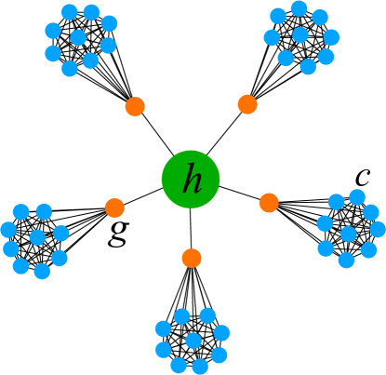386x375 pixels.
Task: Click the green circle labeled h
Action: (x=192, y=179)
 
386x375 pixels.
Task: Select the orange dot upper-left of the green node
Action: (x=135, y=106)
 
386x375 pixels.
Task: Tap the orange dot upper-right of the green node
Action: (x=247, y=104)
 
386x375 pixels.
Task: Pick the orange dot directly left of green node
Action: (x=114, y=208)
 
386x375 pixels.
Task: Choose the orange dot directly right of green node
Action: (x=269, y=202)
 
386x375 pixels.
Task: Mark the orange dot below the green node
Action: (x=192, y=257)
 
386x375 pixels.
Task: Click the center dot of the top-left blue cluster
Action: (x=79, y=38)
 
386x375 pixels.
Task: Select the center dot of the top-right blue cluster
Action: (x=299, y=35)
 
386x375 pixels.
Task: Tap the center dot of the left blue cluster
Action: (x=37, y=237)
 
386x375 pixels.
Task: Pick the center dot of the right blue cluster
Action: (x=348, y=234)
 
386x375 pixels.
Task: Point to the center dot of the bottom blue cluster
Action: (x=193, y=341)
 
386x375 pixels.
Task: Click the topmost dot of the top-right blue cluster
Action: (x=299, y=8)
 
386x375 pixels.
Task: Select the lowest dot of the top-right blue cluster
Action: (x=308, y=67)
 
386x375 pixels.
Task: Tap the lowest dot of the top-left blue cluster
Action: (x=70, y=68)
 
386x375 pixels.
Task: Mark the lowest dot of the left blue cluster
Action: (x=42, y=271)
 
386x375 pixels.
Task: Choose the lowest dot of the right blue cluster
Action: (x=346, y=261)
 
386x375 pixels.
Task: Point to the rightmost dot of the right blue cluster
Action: (x=378, y=229)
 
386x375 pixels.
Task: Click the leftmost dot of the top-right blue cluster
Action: (x=271, y=38)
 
